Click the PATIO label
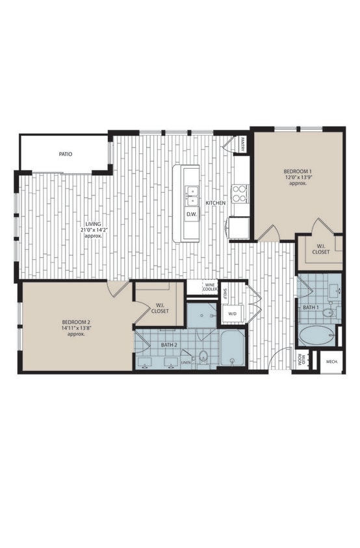click(x=65, y=155)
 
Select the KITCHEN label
click(x=216, y=203)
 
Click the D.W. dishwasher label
click(x=192, y=214)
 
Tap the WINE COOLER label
click(x=210, y=286)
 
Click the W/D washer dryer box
click(x=232, y=314)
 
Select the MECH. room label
click(x=331, y=361)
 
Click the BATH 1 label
click(x=311, y=306)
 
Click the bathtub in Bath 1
click(x=317, y=336)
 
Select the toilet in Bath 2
click(x=203, y=356)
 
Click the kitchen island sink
click(x=192, y=192)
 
